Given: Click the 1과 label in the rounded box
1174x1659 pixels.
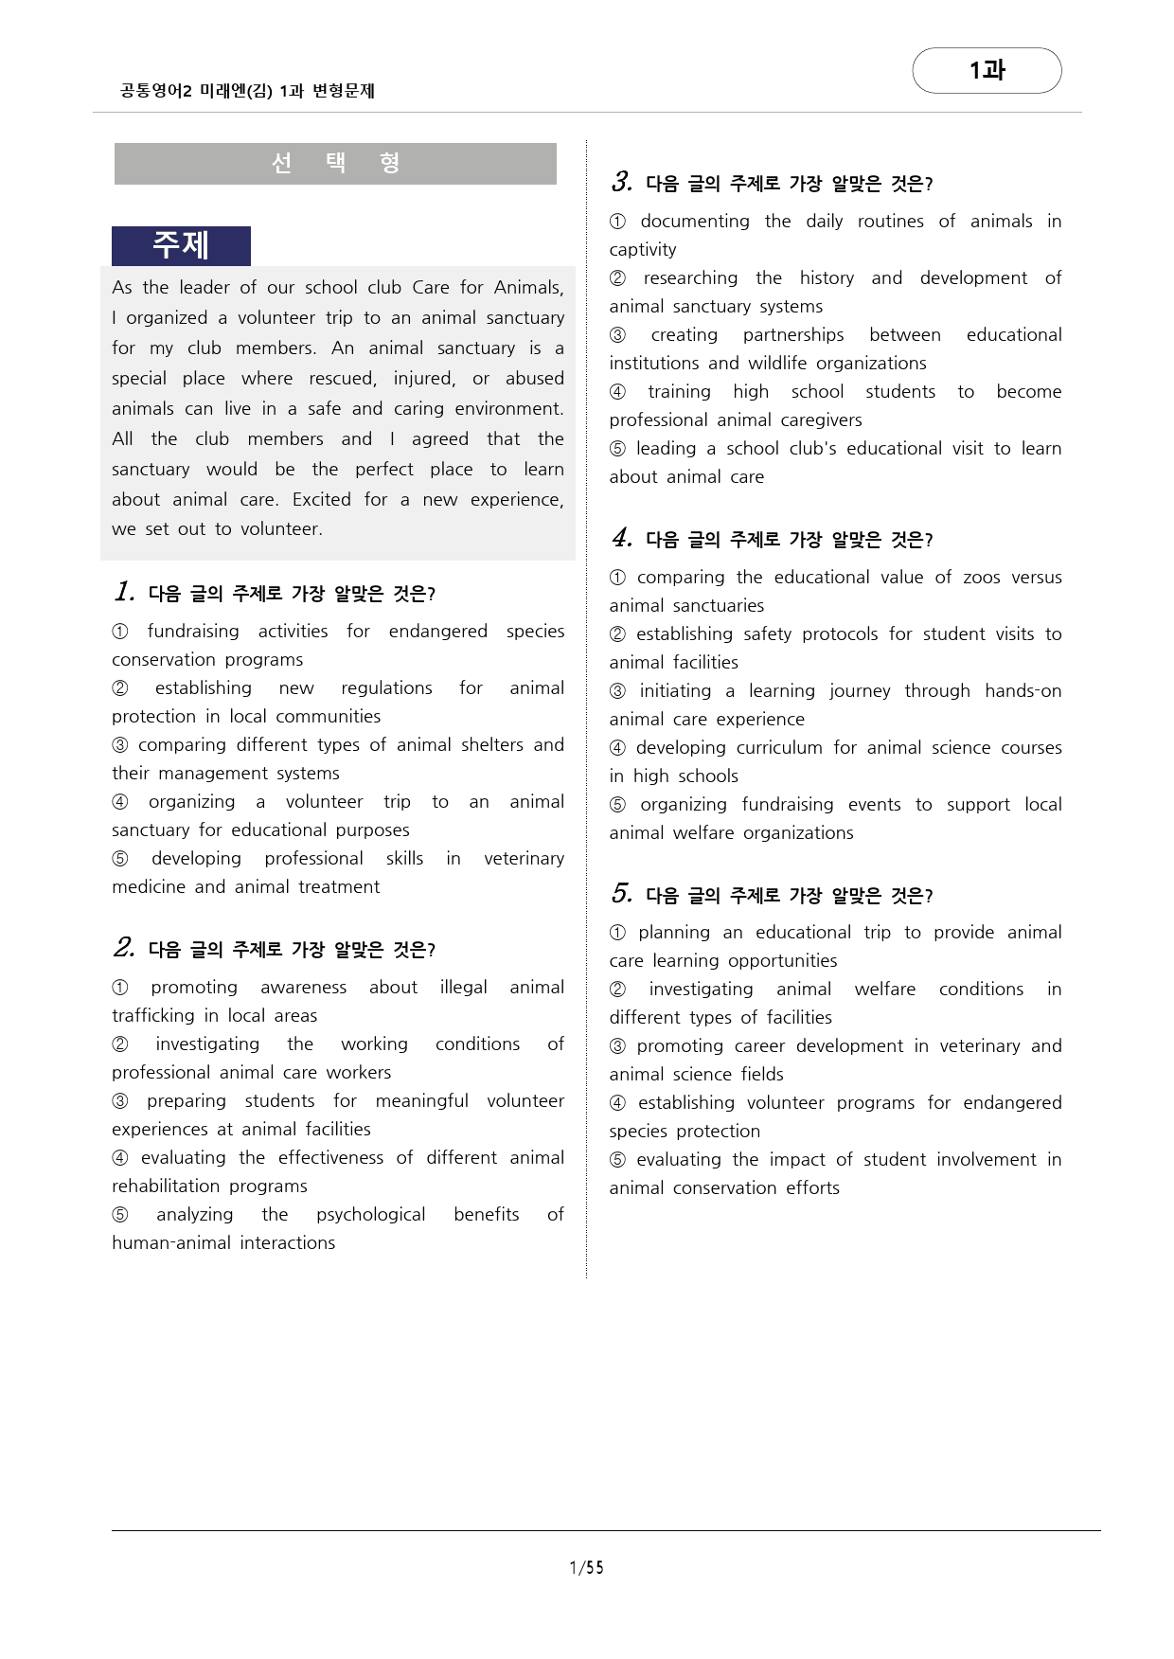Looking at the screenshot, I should coord(987,71).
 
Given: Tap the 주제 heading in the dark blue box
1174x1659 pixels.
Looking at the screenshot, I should coord(181,245).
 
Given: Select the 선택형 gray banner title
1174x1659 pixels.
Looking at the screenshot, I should coord(335,163).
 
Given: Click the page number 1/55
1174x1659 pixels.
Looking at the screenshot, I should coord(586,1567).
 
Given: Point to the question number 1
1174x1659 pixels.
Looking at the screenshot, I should coord(124,593).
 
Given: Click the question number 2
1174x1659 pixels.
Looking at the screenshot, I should coord(124,948).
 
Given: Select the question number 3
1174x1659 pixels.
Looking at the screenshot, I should coord(621,182).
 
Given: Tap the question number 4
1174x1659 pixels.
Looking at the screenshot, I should coord(621,538).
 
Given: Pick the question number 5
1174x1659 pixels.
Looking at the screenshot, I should coord(621,894).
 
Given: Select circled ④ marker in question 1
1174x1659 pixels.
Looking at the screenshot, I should coord(120,802).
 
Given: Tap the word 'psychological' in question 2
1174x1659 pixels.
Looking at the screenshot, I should coord(370,1214).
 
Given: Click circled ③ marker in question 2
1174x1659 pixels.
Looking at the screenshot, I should coord(120,1101).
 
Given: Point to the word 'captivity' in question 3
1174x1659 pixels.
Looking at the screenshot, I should coord(643,249).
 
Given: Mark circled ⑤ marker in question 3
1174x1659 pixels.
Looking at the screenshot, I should coord(617,449).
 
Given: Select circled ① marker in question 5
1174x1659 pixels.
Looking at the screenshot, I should coord(617,933).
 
